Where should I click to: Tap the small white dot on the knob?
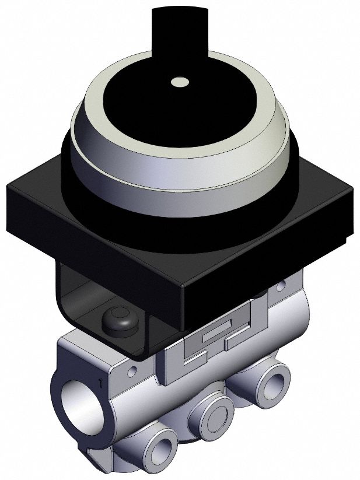pos(179,83)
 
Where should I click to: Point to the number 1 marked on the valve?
pos(101,383)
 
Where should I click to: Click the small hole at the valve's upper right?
pos(281,286)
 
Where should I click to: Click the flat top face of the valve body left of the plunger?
pos(88,341)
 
